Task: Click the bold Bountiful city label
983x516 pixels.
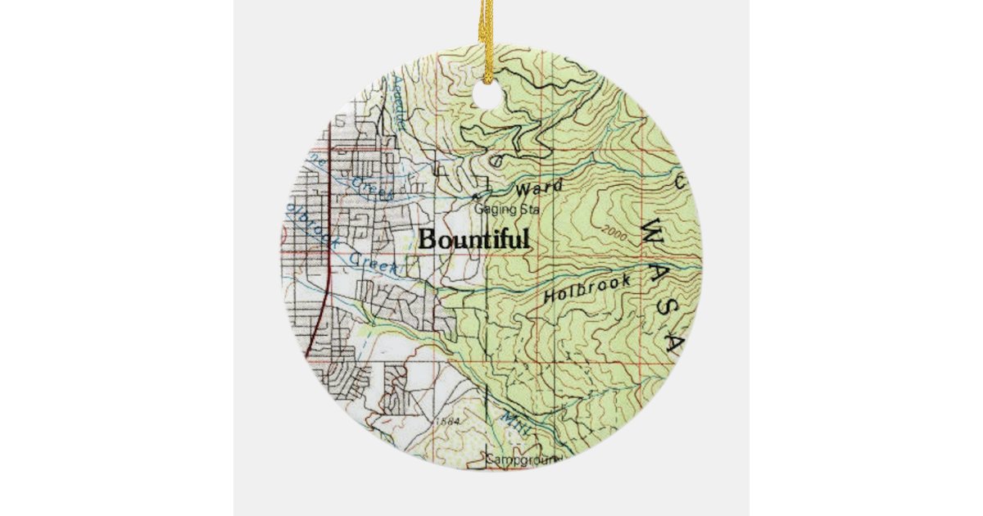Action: point(474,240)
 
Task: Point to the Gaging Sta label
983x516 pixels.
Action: point(508,210)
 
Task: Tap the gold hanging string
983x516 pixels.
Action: point(490,29)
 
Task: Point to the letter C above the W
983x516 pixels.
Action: point(680,182)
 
